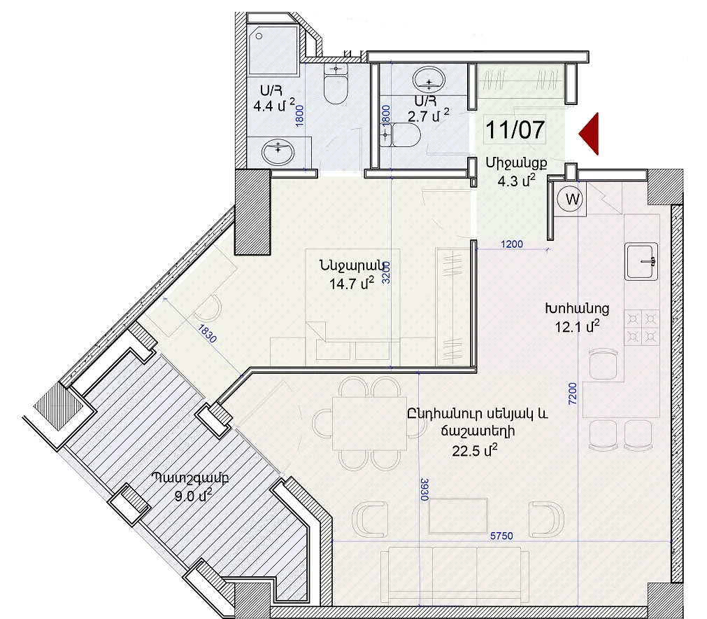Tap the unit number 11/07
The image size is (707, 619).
(515, 130)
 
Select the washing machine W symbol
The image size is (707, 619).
(570, 199)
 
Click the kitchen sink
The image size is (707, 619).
(641, 261)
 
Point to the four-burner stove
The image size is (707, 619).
(642, 327)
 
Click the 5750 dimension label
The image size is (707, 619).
(501, 536)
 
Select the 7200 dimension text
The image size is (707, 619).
(572, 394)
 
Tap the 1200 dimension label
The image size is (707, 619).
(512, 244)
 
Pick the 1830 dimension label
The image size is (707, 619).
(207, 334)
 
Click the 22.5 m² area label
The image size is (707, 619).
(475, 450)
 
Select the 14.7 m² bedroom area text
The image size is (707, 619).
(352, 284)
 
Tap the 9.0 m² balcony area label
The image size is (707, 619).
(193, 496)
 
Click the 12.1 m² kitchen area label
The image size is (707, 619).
(577, 326)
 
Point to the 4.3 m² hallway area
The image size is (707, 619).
(517, 181)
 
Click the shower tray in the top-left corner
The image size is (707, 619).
(273, 50)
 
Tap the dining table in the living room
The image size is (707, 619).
(370, 424)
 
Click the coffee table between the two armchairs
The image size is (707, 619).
(458, 516)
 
